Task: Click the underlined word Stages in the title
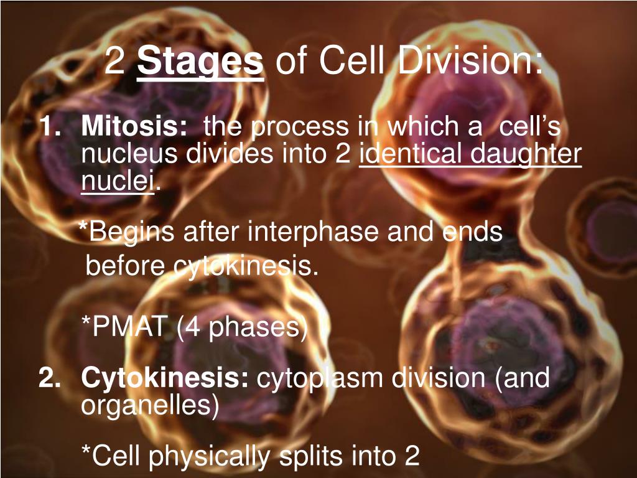[200, 62]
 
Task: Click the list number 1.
[51, 126]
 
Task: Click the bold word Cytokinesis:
[164, 378]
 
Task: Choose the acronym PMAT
[129, 326]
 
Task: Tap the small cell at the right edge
[605, 225]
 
